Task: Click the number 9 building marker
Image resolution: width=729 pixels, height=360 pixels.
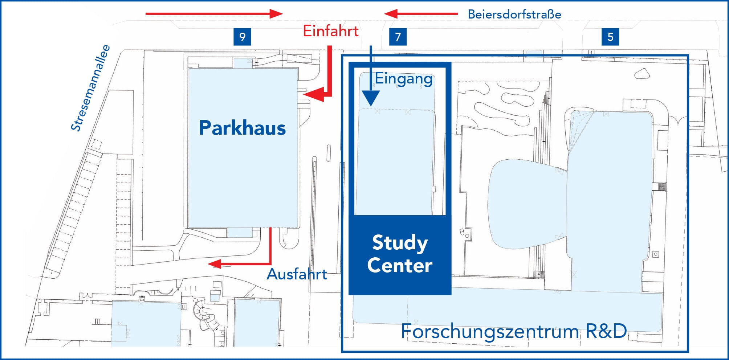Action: [242, 37]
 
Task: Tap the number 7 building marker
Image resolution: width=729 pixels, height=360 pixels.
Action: [398, 37]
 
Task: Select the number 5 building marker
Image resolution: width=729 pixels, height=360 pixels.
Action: [610, 37]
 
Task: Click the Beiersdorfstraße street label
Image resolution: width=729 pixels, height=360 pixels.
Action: [514, 15]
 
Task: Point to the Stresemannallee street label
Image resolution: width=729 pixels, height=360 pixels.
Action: [90, 88]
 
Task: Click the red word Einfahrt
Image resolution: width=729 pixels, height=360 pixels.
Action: [331, 31]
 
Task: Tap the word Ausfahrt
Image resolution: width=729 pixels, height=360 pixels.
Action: [297, 274]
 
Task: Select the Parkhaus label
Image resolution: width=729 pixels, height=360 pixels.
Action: [243, 128]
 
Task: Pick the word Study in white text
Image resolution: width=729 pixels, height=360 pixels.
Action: [400, 243]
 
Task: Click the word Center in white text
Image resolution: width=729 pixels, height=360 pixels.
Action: [400, 265]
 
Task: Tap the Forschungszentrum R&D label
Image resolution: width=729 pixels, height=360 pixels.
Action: [514, 331]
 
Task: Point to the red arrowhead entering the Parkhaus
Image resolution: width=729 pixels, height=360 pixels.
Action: [313, 95]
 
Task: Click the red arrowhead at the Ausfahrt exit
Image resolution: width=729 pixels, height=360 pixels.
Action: [215, 264]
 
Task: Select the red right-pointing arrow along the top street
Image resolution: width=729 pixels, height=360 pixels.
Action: [214, 14]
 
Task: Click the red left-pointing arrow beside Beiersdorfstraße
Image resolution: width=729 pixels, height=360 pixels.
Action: [421, 14]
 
